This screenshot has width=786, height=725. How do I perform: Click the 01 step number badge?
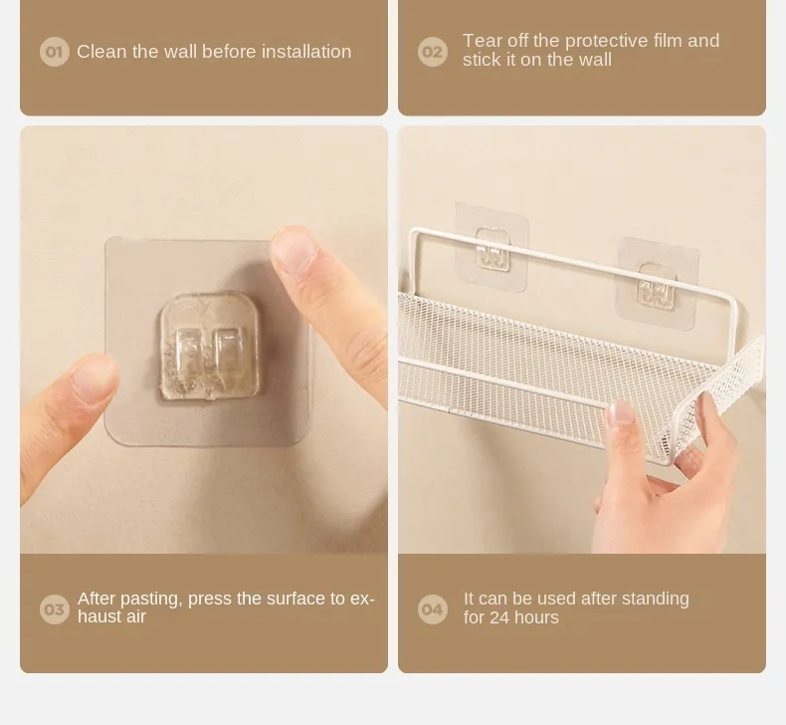54,52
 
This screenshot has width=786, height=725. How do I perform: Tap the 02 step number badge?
433,52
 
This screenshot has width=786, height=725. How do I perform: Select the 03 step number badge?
54,608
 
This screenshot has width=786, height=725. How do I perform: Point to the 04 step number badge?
433,608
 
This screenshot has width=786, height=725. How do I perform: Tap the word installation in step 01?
305,52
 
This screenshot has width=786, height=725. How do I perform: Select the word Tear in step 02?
482,41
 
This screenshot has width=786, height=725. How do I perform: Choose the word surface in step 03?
275,599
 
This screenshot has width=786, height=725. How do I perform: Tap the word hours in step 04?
537,617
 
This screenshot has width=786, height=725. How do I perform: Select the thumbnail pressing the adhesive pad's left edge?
95,381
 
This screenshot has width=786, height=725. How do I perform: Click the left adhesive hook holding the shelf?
491,249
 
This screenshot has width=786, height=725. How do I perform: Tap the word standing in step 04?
653,599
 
